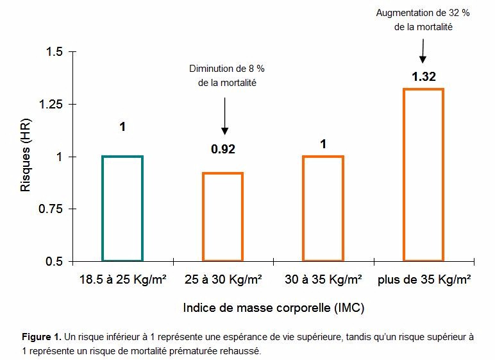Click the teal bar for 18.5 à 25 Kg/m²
[122, 209]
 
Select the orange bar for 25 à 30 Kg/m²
[223, 217]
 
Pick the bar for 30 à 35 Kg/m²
[323, 209]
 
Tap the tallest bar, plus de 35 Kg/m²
[423, 175]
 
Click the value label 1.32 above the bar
[423, 77]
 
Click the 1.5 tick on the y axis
[55, 52]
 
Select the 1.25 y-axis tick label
[53, 105]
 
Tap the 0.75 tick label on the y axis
[53, 209]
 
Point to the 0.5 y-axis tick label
[55, 262]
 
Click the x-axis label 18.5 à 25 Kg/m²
[122, 280]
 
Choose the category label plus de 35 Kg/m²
[424, 280]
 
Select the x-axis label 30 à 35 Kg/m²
[323, 280]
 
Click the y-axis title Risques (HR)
[26, 156]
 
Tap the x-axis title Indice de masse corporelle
[274, 308]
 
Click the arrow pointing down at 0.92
[224, 116]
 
